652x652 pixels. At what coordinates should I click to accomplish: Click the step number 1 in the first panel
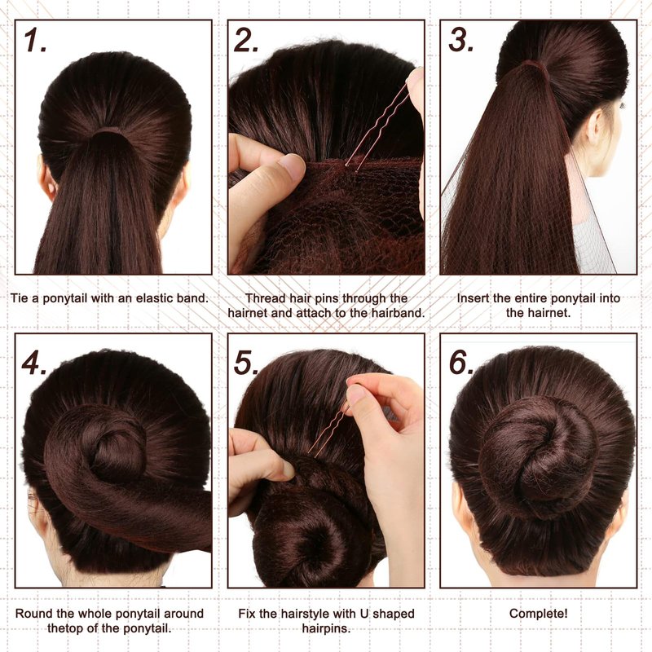tap(35, 40)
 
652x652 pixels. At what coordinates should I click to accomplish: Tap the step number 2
tap(246, 40)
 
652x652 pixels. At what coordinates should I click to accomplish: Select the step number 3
tap(461, 40)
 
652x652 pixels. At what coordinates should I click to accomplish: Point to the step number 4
tap(34, 363)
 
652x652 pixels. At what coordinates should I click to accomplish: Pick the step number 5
tap(246, 363)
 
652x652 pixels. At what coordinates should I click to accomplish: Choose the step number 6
tap(461, 363)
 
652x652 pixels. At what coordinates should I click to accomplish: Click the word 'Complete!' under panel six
tap(538, 614)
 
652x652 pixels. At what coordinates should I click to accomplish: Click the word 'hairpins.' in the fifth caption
tap(327, 628)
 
